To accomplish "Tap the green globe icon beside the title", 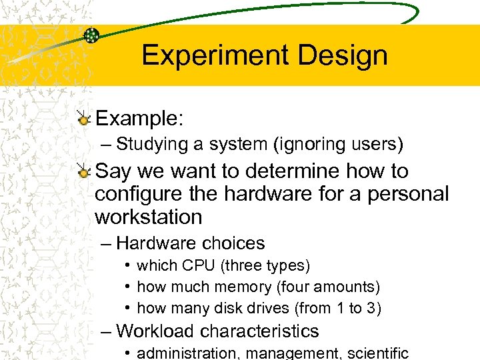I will pyautogui.click(x=91, y=35).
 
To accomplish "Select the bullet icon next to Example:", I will pyautogui.click(x=83, y=119).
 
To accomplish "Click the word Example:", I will pyautogui.click(x=139, y=119).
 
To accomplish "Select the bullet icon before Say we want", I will pyautogui.click(x=83, y=172).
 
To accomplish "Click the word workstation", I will pyautogui.click(x=148, y=217).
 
